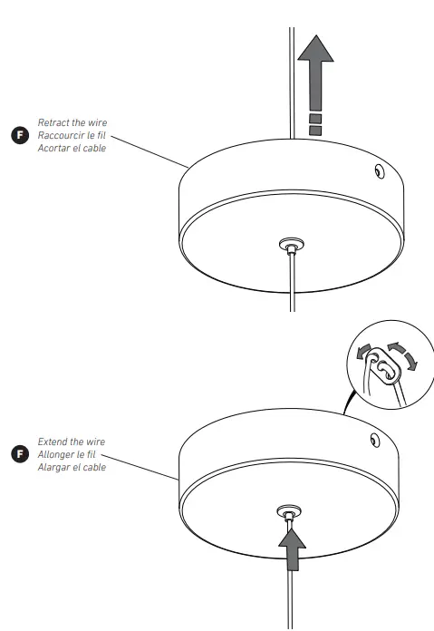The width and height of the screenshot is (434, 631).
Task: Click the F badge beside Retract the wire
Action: pyautogui.click(x=15, y=135)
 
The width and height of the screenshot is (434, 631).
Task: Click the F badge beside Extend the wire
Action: pyautogui.click(x=15, y=453)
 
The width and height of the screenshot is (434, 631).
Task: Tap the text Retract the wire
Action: pyautogui.click(x=72, y=121)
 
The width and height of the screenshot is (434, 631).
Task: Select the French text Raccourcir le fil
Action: pyautogui.click(x=72, y=135)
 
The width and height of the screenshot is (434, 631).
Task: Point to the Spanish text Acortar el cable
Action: pyautogui.click(x=72, y=148)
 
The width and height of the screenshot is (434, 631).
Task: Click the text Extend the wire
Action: pyautogui.click(x=70, y=441)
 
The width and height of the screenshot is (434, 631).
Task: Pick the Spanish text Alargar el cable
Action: pyautogui.click(x=72, y=467)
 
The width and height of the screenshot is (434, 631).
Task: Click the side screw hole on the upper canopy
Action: pyautogui.click(x=377, y=170)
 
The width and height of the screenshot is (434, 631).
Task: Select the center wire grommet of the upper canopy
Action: pyautogui.click(x=290, y=244)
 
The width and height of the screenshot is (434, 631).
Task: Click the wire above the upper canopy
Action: pyautogui.click(x=292, y=82)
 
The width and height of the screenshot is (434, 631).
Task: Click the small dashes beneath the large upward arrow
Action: pyautogui.click(x=315, y=123)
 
